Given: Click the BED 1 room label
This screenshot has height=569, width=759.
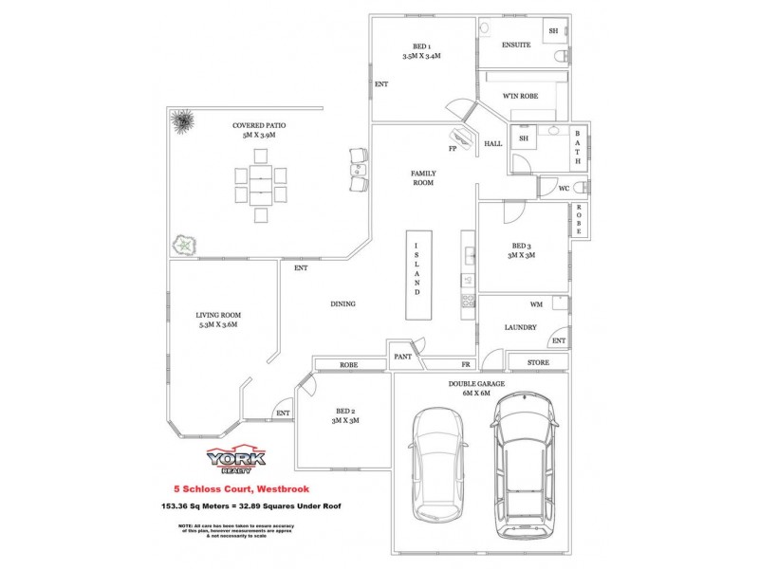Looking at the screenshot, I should click(x=421, y=46).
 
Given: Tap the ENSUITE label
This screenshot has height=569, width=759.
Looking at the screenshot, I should click(x=517, y=46).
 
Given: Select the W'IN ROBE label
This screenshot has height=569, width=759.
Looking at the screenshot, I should click(x=521, y=97).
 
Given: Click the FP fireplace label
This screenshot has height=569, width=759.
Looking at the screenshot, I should click(x=453, y=149).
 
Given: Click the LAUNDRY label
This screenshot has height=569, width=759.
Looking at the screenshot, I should click(x=521, y=327).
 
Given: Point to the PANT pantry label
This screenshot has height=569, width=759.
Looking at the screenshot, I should click(x=401, y=358).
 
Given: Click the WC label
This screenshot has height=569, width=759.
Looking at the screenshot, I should click(x=563, y=189).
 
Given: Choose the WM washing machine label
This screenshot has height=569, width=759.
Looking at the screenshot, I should click(x=535, y=304).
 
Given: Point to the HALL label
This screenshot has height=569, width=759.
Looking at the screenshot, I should click(x=493, y=144).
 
